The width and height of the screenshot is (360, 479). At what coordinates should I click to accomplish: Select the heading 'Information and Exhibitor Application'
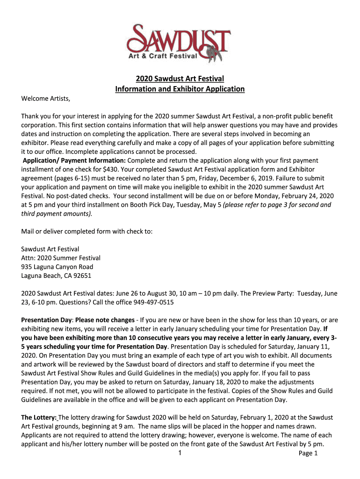click(x=180, y=88)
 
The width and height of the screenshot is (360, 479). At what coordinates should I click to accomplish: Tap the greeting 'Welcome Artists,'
click(x=46, y=98)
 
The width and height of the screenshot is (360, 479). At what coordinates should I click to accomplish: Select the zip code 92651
click(x=81, y=276)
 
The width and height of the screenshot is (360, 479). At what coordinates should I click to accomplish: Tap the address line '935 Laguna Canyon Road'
click(x=57, y=267)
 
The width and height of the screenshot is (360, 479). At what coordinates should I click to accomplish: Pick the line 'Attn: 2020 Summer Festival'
click(x=61, y=258)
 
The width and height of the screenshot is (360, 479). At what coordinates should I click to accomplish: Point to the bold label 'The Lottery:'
click(x=39, y=417)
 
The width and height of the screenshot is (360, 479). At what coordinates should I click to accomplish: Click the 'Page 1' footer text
click(x=308, y=453)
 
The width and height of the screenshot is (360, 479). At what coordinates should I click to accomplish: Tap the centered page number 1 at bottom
click(x=180, y=453)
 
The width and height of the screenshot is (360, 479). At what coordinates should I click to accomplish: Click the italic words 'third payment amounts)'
click(x=57, y=213)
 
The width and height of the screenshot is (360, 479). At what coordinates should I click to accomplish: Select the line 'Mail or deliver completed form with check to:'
click(x=87, y=231)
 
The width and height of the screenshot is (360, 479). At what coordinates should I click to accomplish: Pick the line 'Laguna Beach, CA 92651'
click(x=56, y=276)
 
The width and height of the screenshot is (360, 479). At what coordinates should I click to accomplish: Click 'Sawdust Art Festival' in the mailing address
click(x=50, y=249)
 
